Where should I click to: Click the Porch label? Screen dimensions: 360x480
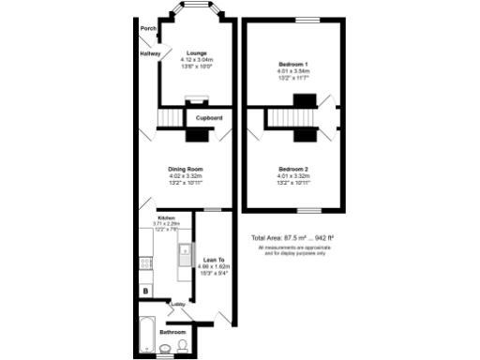[147, 29]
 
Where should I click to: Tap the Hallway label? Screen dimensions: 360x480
[150, 53]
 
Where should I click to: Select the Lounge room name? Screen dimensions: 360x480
[196, 52]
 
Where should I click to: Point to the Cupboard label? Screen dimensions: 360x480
[209, 118]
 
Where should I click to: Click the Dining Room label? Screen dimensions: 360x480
[186, 169]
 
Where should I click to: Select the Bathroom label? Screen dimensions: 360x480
[172, 333]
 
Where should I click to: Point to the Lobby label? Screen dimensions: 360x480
[177, 305]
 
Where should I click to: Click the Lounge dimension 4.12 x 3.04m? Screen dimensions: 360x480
[196, 60]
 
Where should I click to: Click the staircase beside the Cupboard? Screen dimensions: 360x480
[170, 119]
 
